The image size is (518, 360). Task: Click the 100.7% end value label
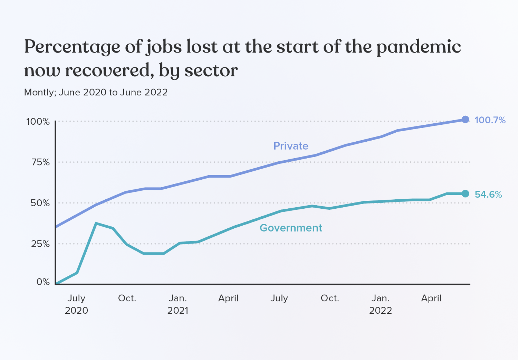pos(490,120)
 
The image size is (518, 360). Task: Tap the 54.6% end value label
pos(488,195)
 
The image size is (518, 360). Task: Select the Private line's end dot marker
pos(465,120)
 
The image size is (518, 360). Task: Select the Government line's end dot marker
pos(465,194)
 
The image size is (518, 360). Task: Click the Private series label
pos(291,146)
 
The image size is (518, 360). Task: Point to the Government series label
pos(291,228)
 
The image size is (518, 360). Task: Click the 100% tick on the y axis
pos(38,122)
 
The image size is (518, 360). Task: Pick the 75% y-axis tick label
pos(40,162)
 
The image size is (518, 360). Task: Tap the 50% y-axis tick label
pos(40,203)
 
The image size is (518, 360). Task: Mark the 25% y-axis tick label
pos(40,244)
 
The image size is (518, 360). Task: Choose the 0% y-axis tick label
pos(43,282)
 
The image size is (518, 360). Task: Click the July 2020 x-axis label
pos(76,304)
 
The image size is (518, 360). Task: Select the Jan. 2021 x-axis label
pos(178,304)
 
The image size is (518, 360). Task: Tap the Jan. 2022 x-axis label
pos(381,304)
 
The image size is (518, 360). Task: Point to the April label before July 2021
pos(228,298)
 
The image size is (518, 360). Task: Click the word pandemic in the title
pos(419,47)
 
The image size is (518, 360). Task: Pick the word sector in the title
pos(211,71)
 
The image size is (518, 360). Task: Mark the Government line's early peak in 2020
pos(96,224)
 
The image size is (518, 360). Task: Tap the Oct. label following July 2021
pos(330,298)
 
